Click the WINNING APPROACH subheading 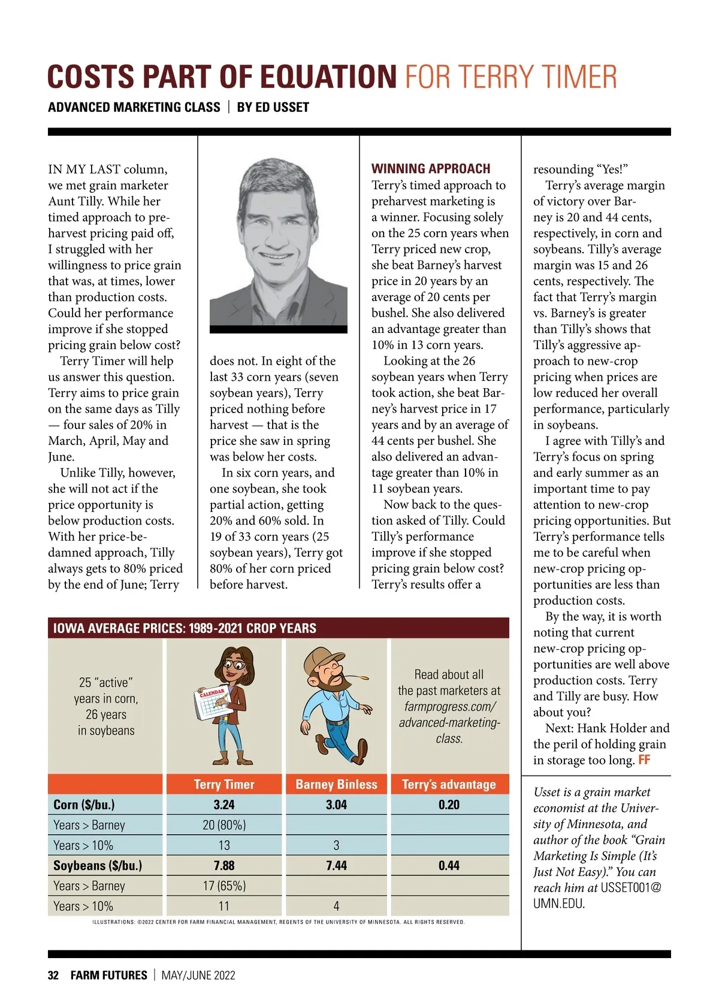[x=431, y=169]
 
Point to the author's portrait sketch [x=278, y=243]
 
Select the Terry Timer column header [x=224, y=784]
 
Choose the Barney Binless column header [x=336, y=784]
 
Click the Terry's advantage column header [x=449, y=784]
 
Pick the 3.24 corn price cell [x=224, y=805]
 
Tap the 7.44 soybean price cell [x=336, y=865]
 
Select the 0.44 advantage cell [x=449, y=865]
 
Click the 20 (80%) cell [x=224, y=825]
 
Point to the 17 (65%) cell [x=224, y=886]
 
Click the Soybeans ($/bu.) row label [x=98, y=865]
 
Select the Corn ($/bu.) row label [x=84, y=805]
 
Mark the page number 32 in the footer [x=53, y=975]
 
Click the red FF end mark [x=644, y=760]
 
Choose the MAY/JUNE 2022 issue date [x=198, y=975]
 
